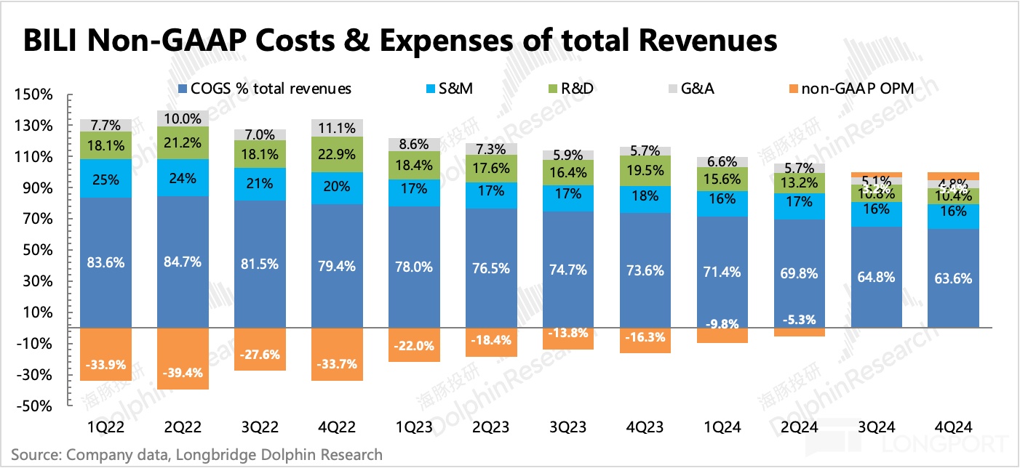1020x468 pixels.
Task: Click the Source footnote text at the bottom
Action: (196, 455)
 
